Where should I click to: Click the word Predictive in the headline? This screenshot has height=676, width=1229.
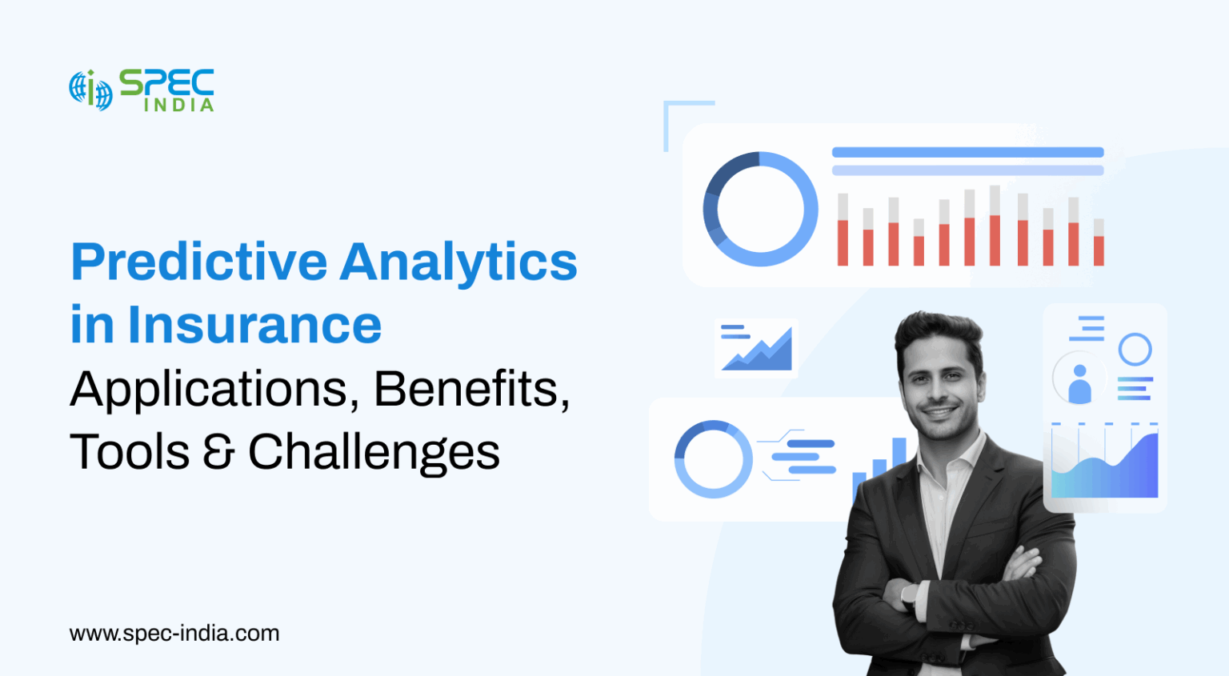point(199,262)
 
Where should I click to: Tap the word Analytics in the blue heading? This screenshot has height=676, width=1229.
point(460,262)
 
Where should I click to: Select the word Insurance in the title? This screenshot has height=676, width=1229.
point(254,326)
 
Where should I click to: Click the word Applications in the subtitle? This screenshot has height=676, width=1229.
point(209,390)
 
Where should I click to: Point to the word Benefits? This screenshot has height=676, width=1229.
point(472,389)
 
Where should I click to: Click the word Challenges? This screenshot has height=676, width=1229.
point(374,453)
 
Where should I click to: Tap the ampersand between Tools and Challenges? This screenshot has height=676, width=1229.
point(218,453)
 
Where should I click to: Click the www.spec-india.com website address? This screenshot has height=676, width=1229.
point(174,634)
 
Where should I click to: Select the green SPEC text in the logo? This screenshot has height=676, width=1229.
point(166,82)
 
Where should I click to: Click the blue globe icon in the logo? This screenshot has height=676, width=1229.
point(90,90)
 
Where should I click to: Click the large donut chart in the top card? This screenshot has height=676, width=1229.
point(760,210)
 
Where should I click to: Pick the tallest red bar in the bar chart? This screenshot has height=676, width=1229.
point(995,239)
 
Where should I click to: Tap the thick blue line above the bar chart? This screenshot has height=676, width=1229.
point(967,152)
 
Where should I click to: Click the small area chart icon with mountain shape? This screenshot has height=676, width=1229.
point(757,349)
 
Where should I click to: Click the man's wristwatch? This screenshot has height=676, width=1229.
point(909,596)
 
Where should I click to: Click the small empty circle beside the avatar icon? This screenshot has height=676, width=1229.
point(1135,350)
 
